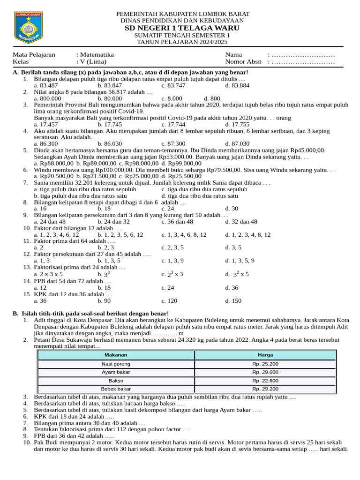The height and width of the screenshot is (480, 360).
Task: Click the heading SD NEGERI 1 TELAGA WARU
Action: point(182,28)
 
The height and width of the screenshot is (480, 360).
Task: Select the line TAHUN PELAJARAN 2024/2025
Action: point(182,42)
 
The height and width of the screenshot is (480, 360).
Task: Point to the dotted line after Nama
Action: point(303,54)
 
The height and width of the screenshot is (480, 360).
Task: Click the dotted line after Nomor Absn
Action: point(303,61)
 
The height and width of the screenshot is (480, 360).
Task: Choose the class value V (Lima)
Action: point(93,61)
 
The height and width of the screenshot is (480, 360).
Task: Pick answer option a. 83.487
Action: point(45,86)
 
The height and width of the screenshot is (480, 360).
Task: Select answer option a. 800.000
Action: point(47,99)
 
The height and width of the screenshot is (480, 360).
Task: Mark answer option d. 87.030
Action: point(237,143)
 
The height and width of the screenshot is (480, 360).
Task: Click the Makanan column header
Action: point(116,355)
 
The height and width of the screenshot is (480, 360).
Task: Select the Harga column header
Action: point(265,355)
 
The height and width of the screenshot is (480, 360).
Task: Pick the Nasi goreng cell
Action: point(116,364)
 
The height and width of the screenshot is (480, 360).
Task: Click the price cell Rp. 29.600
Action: point(265,372)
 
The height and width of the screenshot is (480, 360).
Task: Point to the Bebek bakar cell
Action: point(116,389)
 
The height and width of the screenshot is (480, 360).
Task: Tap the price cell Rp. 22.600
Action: point(265,381)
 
